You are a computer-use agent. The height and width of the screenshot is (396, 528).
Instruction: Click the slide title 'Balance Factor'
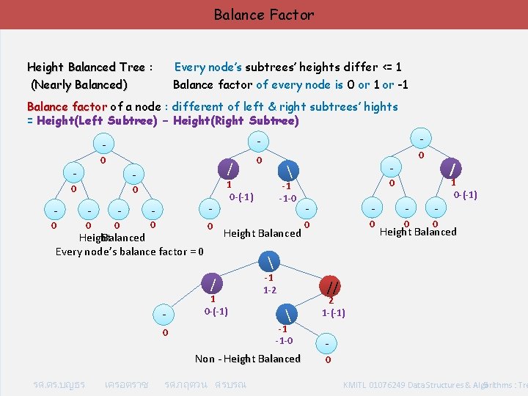[x=264, y=15]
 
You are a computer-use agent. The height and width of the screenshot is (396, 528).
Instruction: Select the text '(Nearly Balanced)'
[x=78, y=84]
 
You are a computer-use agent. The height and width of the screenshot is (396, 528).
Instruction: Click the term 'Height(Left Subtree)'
[x=95, y=121]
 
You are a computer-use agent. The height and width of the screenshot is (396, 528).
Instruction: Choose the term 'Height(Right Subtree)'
[x=241, y=121]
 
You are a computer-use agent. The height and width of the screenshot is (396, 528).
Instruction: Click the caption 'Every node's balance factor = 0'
[x=129, y=252]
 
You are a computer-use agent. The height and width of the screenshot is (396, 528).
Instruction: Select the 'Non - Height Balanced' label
[x=248, y=359]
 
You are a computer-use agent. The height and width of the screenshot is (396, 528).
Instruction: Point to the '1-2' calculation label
[x=270, y=290]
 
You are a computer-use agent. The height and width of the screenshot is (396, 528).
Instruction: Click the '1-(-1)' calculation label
[x=333, y=313]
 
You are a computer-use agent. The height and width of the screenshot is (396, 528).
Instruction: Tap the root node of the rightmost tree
[x=421, y=137]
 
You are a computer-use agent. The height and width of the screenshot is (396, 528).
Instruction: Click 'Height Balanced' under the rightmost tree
[x=418, y=232]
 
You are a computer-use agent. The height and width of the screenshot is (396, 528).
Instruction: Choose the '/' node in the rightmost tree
[x=455, y=169]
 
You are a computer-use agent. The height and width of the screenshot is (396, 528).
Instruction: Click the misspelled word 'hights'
[x=379, y=107]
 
